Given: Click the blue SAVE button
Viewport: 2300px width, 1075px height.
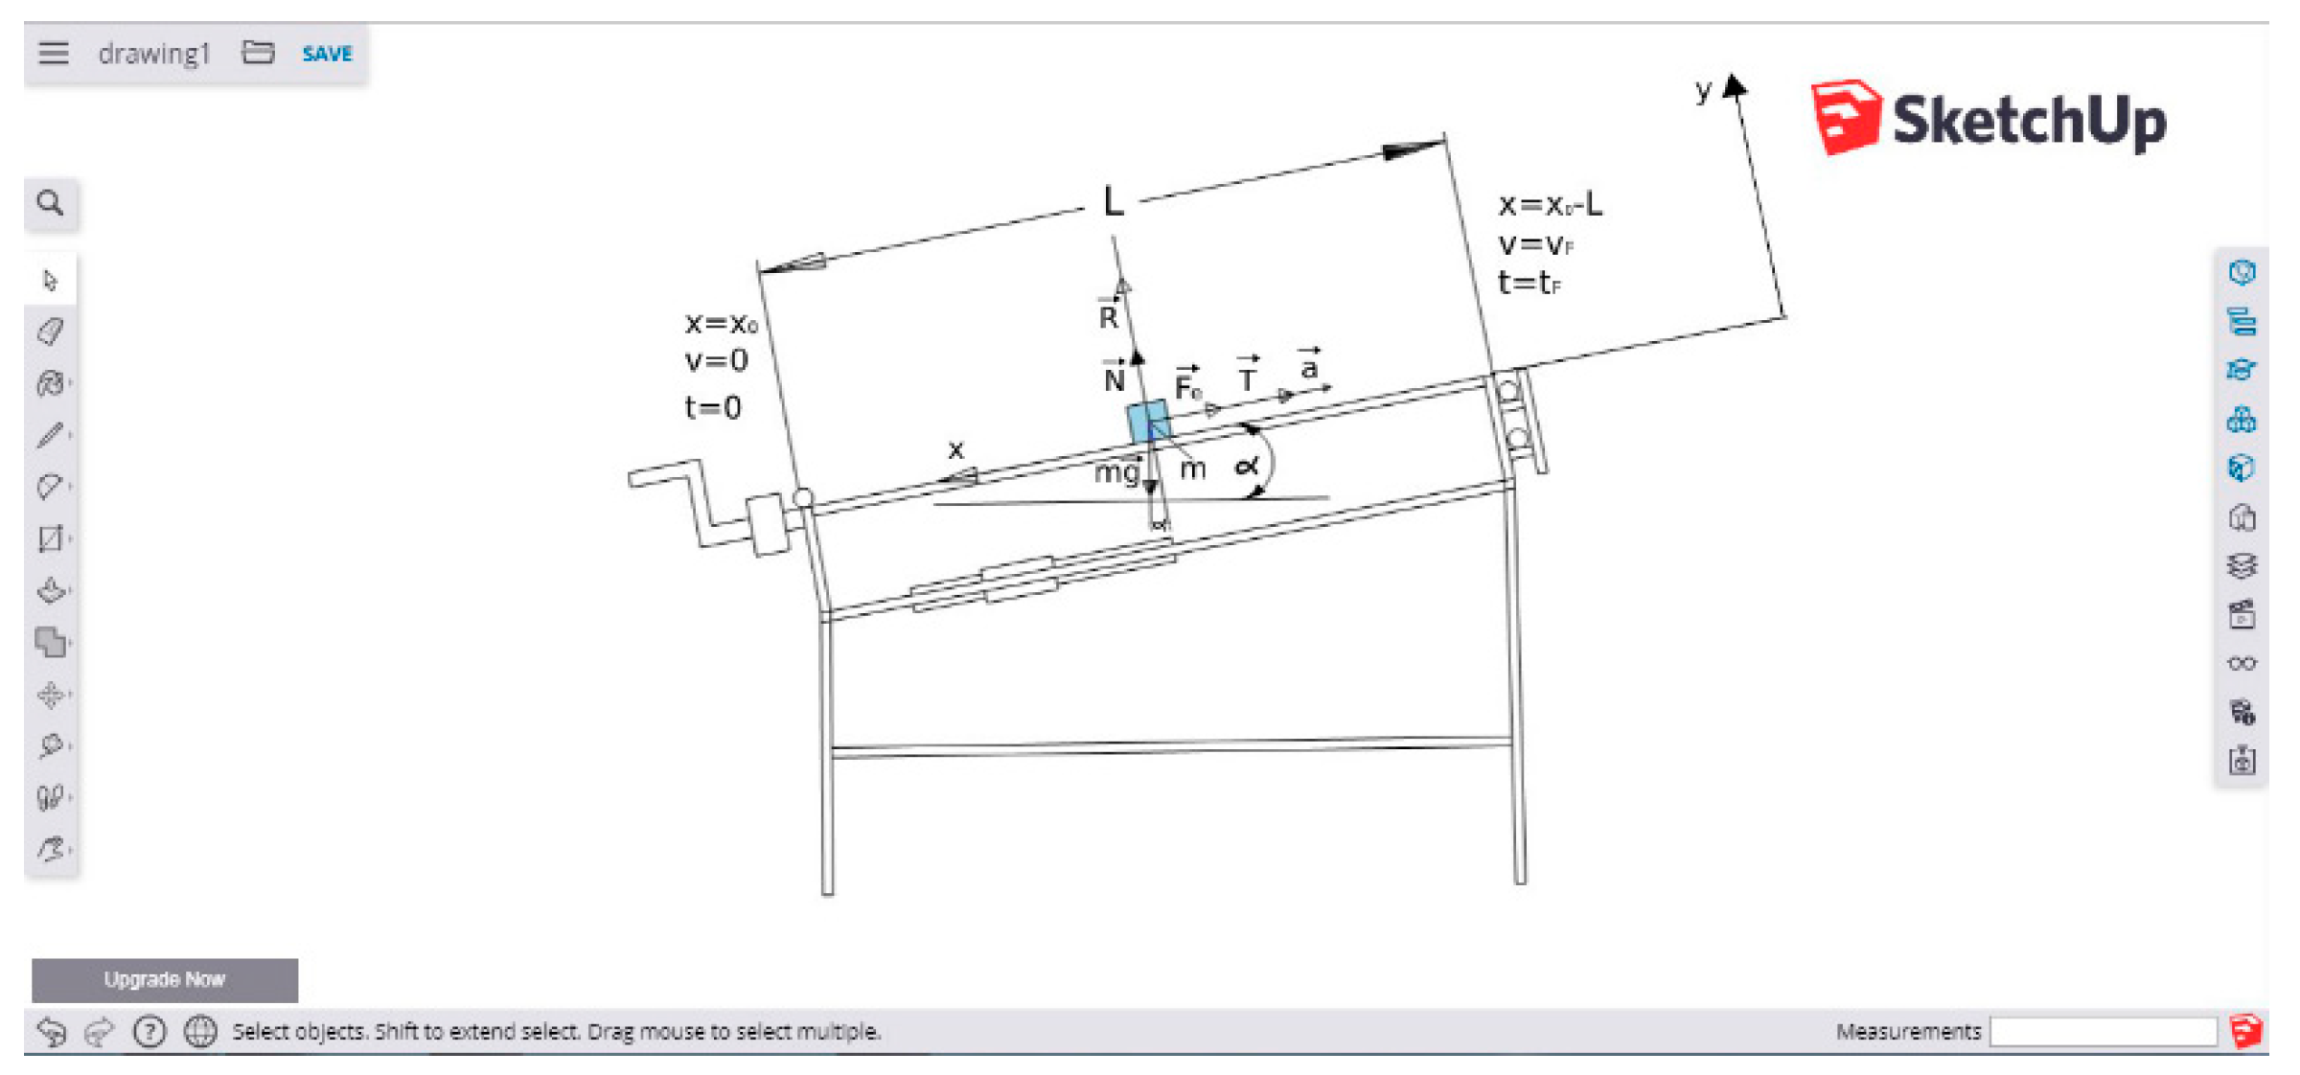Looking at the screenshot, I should coord(327,54).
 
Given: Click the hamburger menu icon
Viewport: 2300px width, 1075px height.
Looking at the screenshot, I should coord(54,53).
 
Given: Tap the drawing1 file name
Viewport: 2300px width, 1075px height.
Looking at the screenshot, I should coord(153,54).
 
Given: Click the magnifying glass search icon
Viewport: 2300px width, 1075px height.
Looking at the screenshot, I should coord(51,203).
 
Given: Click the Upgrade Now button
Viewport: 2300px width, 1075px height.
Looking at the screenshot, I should coord(164,979).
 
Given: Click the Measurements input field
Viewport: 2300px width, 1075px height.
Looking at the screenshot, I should coord(2103,1031).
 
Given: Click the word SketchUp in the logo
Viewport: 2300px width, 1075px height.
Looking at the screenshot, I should coord(2028,122).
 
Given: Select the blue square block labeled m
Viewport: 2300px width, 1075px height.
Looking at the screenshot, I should coord(1147,422).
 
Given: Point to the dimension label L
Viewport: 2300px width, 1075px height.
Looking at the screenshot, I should coord(1112,202).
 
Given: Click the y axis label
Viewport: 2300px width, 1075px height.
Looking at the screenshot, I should coord(1703,91).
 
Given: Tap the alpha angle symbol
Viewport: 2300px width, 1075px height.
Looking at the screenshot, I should coord(1246,467).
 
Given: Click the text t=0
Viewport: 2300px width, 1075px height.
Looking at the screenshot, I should coord(712,408).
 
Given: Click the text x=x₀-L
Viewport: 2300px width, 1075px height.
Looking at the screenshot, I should coord(1550,205).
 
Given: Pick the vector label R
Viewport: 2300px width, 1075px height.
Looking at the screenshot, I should coord(1108,316).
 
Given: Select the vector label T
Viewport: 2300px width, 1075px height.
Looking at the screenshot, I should coord(1247,379).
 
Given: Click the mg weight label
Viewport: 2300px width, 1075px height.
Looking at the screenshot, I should coord(1116,472).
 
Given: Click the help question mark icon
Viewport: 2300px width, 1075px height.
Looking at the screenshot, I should coord(149,1031).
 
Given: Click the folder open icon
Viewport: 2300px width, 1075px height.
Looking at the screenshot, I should coord(258,53).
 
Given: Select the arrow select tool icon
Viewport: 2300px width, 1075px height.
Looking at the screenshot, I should coord(51,280).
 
